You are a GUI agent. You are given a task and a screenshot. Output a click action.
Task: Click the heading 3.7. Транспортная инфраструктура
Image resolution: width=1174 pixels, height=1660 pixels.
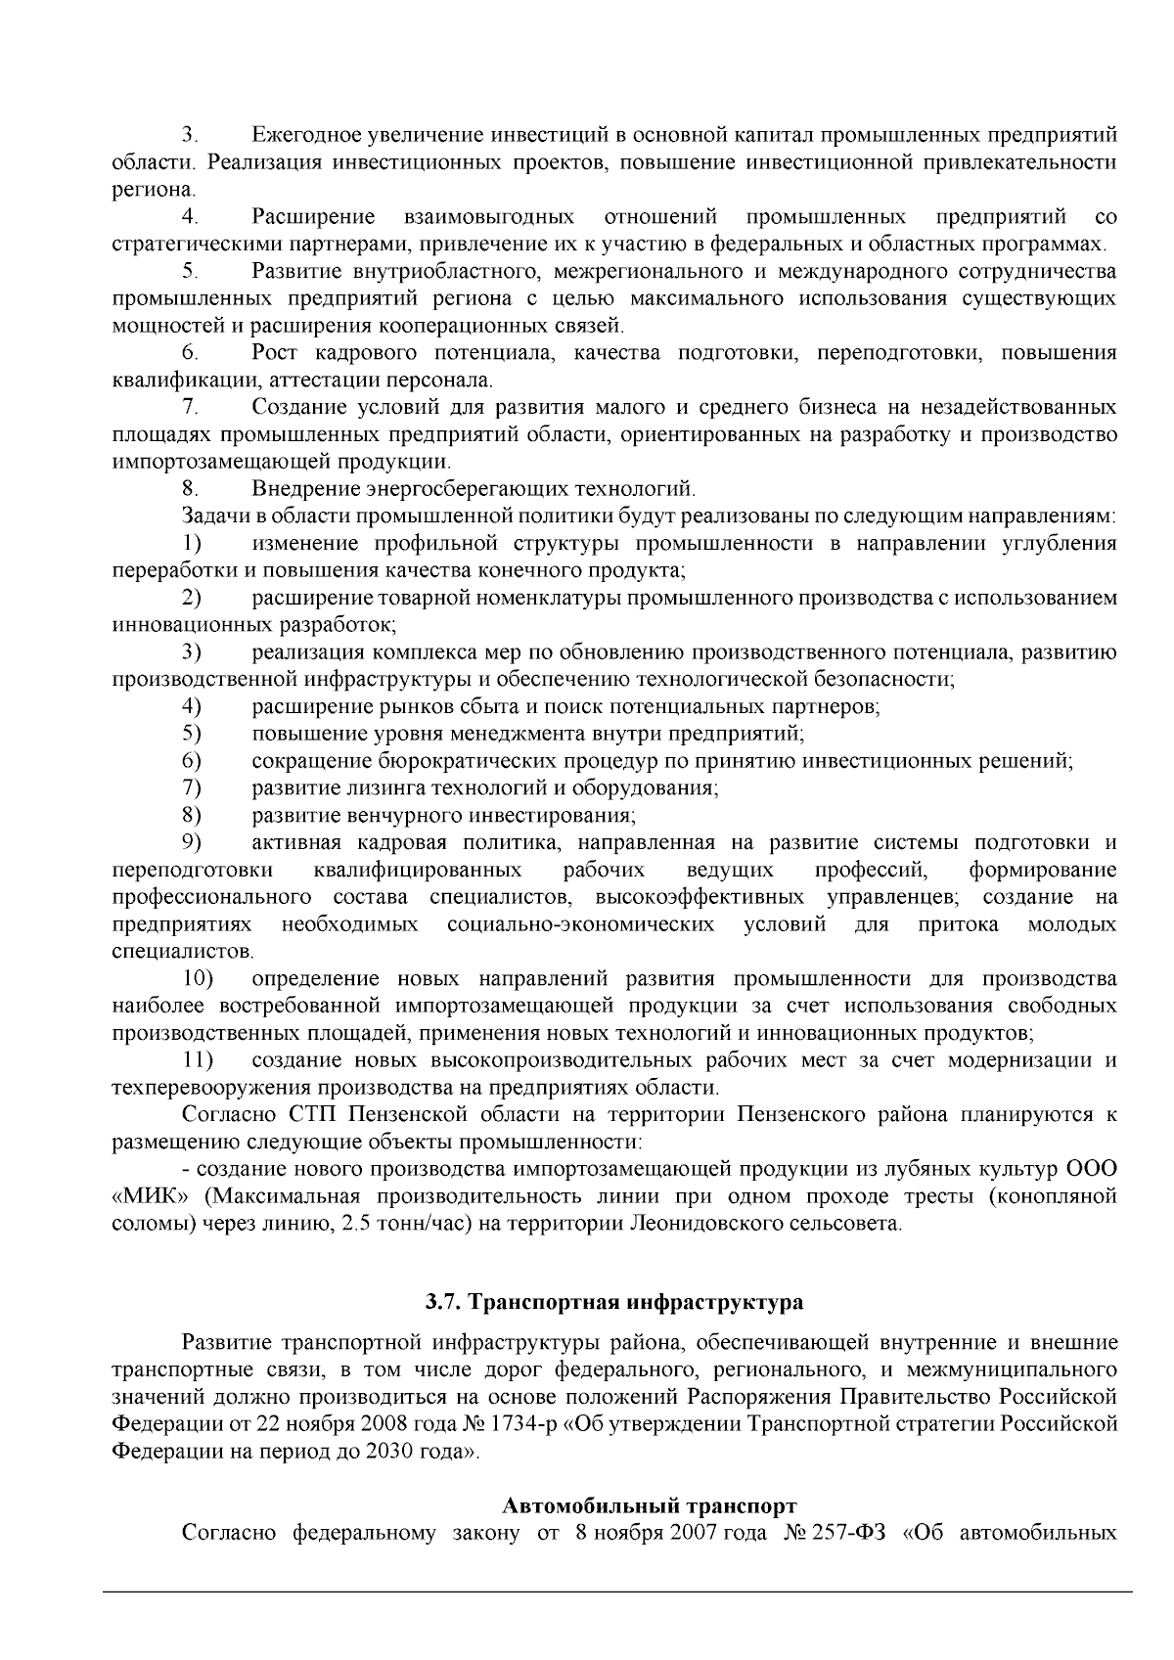613,1302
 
